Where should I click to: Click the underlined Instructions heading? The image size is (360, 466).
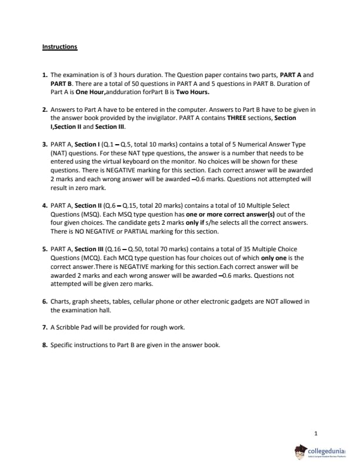tap(59, 46)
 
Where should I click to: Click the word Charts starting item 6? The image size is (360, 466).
tap(61, 301)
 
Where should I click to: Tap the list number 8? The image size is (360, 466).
tap(45, 345)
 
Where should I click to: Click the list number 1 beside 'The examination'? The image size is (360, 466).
tap(45, 75)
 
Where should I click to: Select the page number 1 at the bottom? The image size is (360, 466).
tap(316, 434)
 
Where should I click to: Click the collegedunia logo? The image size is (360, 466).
tap(320, 452)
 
